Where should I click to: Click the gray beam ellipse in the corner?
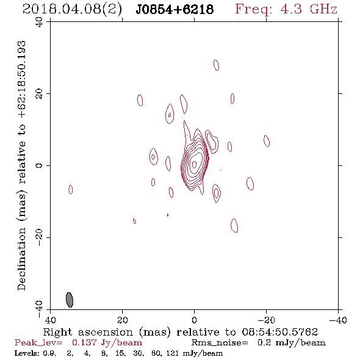[70, 300]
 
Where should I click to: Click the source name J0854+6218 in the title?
[175, 10]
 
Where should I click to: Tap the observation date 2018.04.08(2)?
[72, 10]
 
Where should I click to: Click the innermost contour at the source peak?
[194, 164]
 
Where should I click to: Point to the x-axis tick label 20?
[123, 320]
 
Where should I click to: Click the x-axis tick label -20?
[266, 320]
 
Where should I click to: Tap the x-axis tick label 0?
[195, 320]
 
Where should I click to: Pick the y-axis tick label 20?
[39, 94]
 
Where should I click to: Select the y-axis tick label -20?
[39, 237]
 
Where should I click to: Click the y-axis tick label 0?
[39, 165]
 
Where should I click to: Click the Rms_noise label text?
[220, 343]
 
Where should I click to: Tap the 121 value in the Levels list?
[173, 353]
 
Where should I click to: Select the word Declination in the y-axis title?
[21, 259]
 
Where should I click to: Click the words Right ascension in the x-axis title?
[88, 332]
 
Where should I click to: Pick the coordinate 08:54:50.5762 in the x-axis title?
[279, 332]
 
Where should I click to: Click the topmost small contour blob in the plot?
[216, 65]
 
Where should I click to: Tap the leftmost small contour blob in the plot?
[71, 189]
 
